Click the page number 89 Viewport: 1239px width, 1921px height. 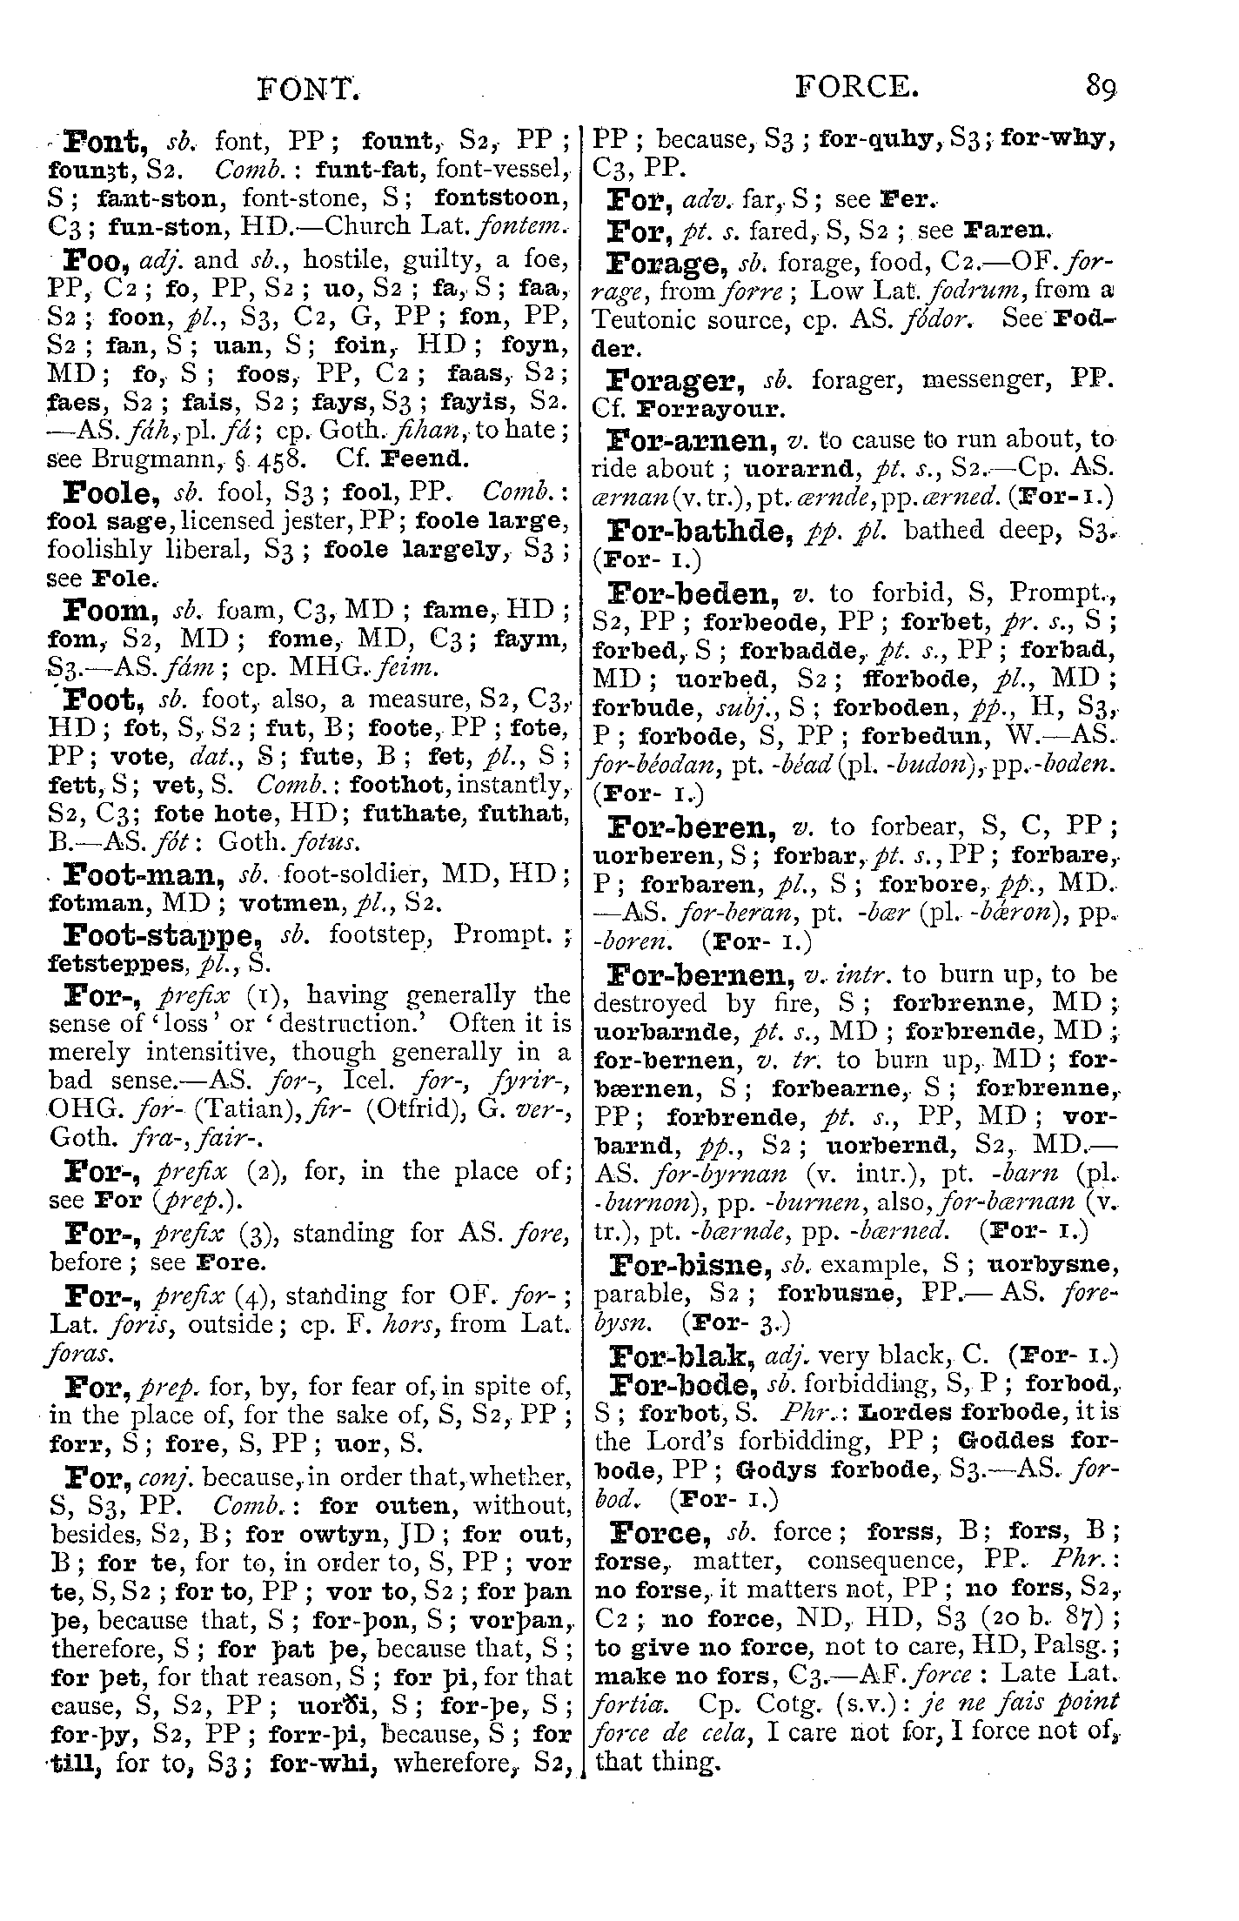(x=1100, y=88)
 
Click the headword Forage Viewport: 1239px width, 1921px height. (x=668, y=261)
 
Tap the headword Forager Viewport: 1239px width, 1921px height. (x=675, y=379)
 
